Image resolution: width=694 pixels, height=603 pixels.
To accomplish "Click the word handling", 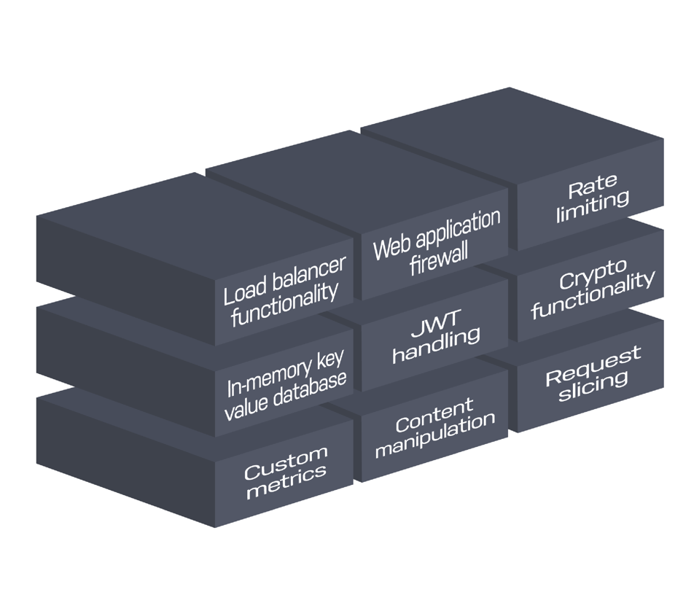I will (x=436, y=345).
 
